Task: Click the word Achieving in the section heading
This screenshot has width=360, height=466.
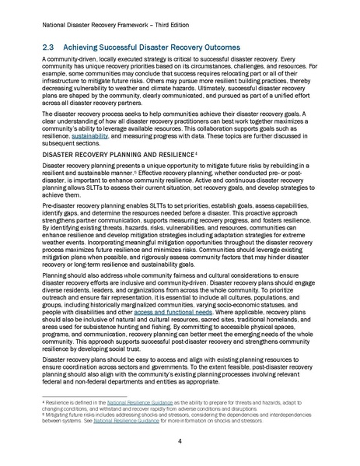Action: point(93,47)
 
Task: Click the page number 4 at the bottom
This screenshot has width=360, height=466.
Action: point(180,441)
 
